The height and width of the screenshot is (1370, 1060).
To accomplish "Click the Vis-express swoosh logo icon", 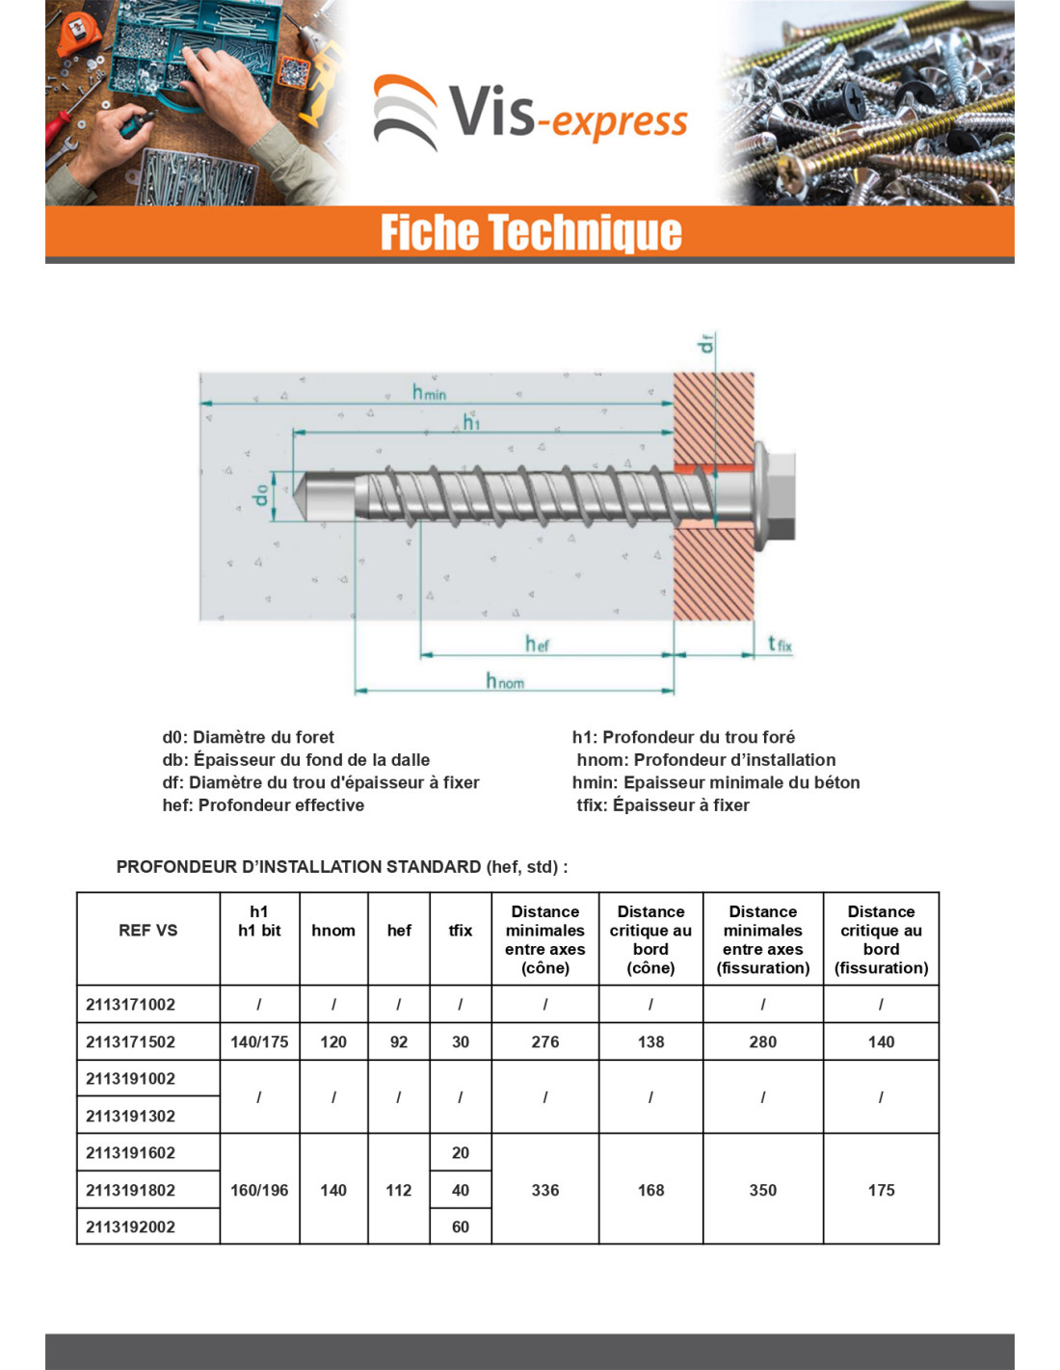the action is coord(405,112).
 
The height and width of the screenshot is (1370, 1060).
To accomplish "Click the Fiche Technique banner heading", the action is coord(531,231).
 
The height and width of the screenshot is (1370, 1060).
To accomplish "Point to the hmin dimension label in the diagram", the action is coord(429,392).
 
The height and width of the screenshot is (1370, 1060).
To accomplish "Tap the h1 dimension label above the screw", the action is coord(471,422).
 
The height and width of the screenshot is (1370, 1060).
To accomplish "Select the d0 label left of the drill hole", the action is coord(260,495).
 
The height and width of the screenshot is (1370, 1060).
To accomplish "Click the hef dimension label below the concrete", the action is coord(538,644).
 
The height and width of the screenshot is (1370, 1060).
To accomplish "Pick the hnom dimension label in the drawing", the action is coord(504,681).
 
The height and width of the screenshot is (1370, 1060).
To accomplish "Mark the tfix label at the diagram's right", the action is coord(780,644).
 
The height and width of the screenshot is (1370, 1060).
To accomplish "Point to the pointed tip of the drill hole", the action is coord(294,495).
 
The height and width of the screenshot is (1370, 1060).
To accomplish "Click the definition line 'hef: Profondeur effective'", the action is coord(263,805).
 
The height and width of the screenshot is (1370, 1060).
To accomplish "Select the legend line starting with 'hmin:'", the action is coord(716,782).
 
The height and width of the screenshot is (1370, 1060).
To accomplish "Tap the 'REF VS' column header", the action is coord(148,931).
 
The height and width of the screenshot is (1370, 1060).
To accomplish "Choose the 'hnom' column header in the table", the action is coord(333,931).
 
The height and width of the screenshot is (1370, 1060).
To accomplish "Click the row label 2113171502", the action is coord(130,1041).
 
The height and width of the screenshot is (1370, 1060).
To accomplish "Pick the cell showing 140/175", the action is coord(259,1041).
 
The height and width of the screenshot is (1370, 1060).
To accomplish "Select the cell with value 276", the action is coord(544,1041).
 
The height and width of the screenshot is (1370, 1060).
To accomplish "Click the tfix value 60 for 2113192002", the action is coord(461,1226).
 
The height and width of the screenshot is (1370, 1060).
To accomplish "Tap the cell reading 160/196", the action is coord(259,1190).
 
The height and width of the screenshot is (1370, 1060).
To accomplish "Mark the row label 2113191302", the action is coord(130,1116).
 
